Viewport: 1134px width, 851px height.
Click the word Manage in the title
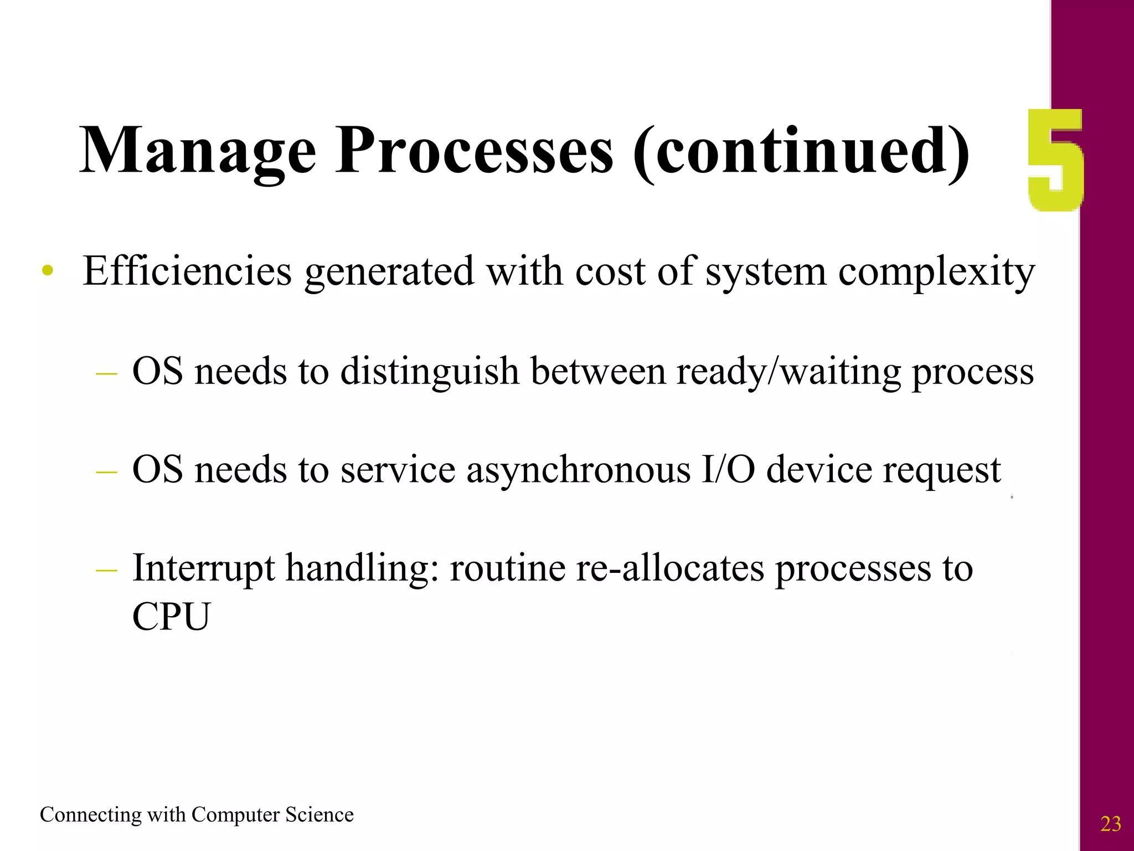pyautogui.click(x=198, y=151)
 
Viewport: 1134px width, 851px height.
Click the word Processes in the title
pyautogui.click(x=475, y=151)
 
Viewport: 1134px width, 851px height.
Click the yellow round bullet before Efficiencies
pyautogui.click(x=48, y=271)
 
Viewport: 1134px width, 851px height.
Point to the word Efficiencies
pyautogui.click(x=187, y=271)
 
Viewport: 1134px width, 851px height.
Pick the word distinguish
pyautogui.click(x=430, y=371)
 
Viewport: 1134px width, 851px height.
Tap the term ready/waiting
pyautogui.click(x=788, y=371)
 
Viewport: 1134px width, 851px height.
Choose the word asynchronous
pyautogui.click(x=578, y=470)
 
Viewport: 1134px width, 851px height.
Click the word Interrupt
pyautogui.click(x=204, y=569)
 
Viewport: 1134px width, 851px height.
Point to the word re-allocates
pyautogui.click(x=670, y=569)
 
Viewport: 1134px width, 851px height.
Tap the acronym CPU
pyautogui.click(x=171, y=617)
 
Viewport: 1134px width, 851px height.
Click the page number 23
pyautogui.click(x=1110, y=824)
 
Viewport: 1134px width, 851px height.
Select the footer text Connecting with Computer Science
pyautogui.click(x=197, y=815)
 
